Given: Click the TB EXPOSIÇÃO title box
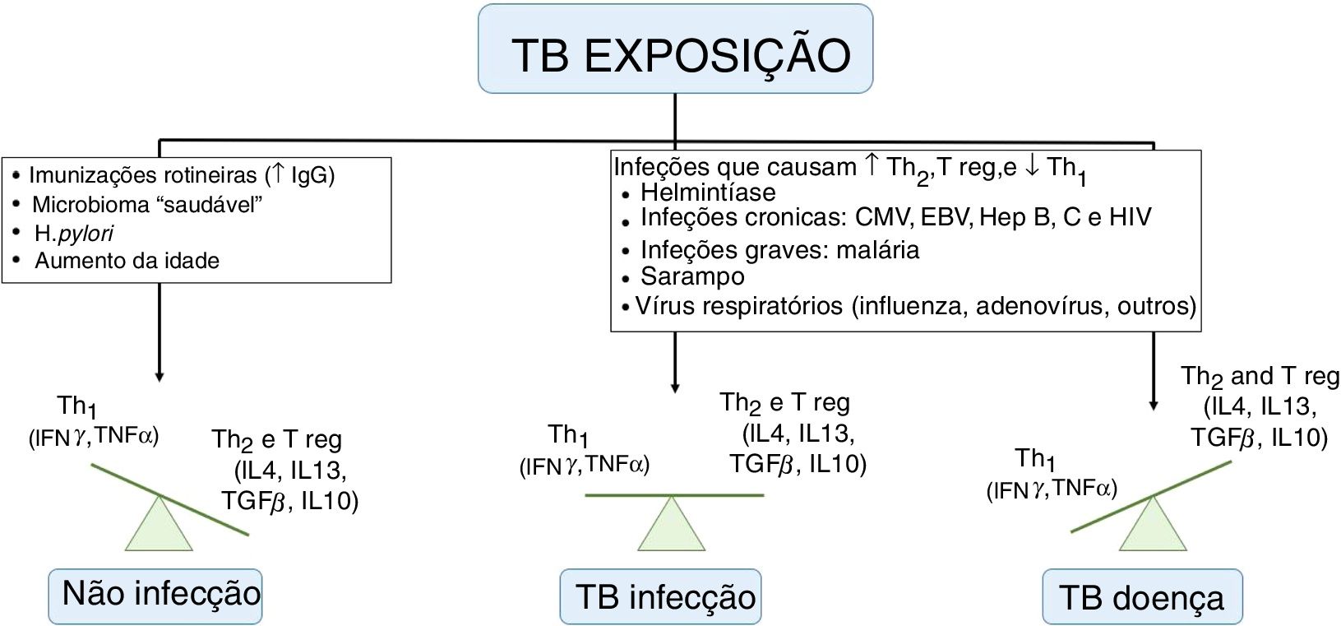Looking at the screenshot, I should (675, 49).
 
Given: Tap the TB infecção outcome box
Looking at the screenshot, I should (660, 596).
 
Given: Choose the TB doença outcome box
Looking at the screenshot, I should (1142, 596).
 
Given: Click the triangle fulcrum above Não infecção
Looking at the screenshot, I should (159, 526).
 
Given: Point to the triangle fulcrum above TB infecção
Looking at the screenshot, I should (672, 527).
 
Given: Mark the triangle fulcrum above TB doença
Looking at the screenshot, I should (1153, 526).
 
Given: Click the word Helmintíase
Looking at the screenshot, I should (708, 192).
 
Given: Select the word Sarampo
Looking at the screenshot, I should (692, 276).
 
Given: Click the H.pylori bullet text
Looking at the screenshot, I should (74, 234).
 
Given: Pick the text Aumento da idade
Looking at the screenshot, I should (127, 261).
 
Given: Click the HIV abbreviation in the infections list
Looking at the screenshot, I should (1130, 217).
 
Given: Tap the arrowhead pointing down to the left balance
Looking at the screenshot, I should (160, 377).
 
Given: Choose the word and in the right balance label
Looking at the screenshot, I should (1251, 376).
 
